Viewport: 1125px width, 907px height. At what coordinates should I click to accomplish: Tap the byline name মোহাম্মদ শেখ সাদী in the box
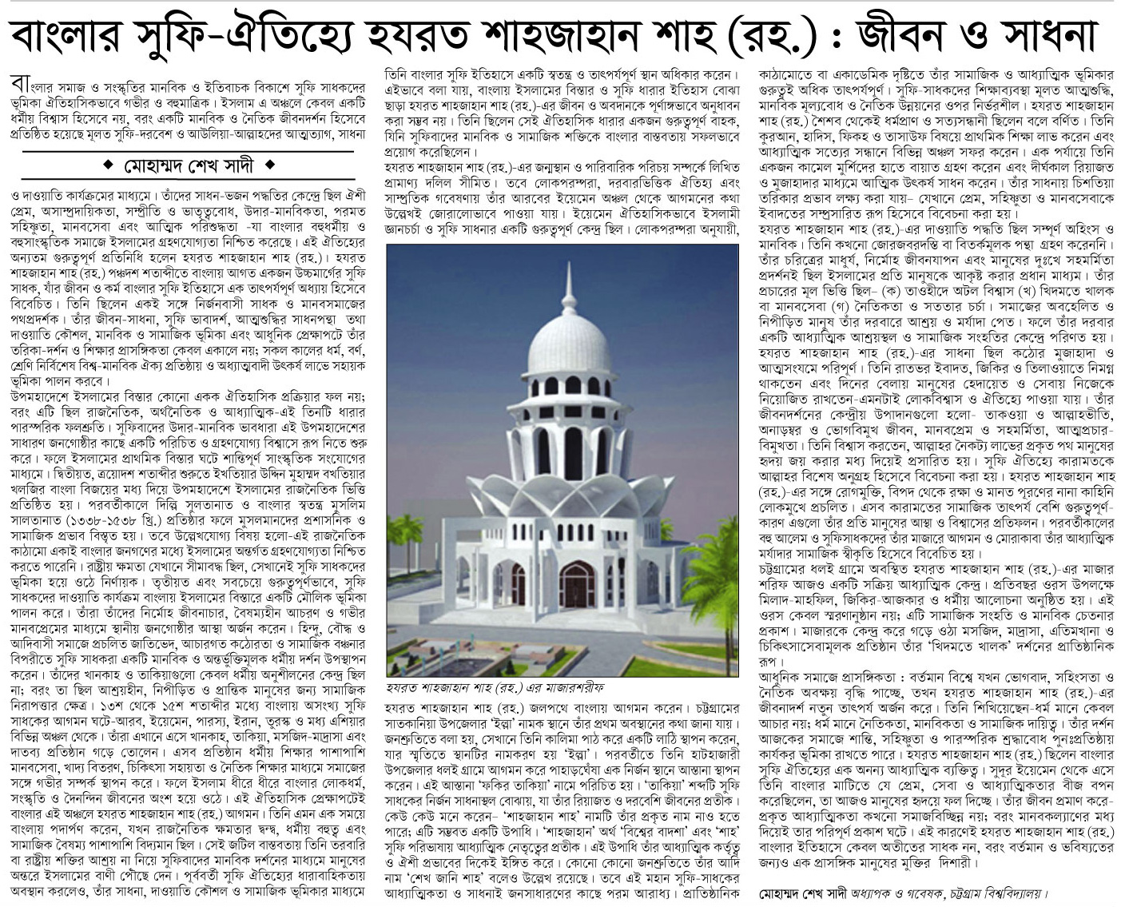tap(189, 168)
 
